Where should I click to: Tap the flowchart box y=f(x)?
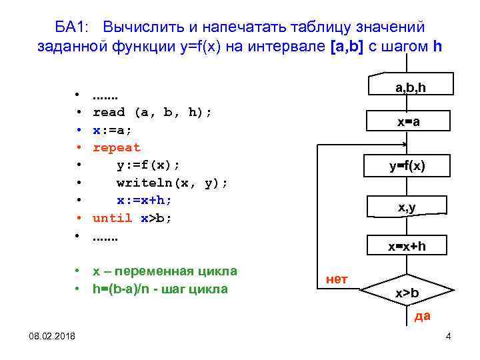click(407, 166)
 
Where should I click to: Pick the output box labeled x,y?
click(407, 209)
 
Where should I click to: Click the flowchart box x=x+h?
click(407, 247)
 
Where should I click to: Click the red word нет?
click(337, 279)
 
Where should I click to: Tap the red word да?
click(422, 316)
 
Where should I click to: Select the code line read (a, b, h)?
click(153, 112)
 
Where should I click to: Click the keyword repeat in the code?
click(117, 147)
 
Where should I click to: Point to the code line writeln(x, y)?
click(172, 183)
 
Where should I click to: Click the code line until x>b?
click(132, 218)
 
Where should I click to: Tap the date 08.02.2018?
click(52, 335)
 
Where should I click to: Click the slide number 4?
click(448, 335)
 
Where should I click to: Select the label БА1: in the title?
click(75, 27)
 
